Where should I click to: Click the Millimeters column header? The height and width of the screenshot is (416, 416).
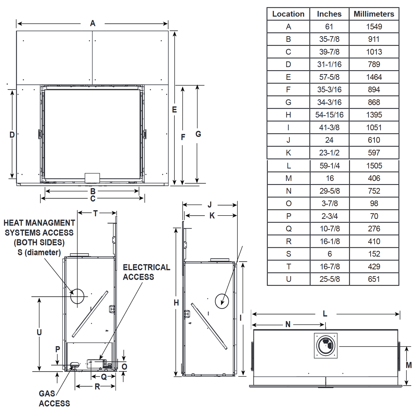click(374, 14)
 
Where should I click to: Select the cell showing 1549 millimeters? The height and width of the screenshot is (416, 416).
click(374, 27)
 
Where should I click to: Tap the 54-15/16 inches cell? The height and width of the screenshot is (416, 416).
click(329, 115)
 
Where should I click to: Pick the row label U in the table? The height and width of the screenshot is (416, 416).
click(288, 279)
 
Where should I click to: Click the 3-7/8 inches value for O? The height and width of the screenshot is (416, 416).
click(329, 203)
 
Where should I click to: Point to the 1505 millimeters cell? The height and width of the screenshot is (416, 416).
click(374, 166)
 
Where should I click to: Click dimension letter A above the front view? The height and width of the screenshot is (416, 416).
click(93, 23)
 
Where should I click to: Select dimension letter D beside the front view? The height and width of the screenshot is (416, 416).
click(12, 135)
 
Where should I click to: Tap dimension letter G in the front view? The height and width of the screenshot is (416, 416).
click(198, 134)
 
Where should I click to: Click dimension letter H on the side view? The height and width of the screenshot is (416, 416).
click(176, 303)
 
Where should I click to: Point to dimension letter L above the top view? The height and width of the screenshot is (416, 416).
click(325, 314)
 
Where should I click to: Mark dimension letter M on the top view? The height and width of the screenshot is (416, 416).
click(409, 365)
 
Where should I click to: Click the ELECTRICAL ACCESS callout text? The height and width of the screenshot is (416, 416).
click(146, 272)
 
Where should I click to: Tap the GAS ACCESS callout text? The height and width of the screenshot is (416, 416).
click(54, 399)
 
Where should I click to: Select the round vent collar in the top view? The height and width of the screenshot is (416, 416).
click(326, 346)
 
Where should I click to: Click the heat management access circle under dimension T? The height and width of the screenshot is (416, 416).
click(77, 296)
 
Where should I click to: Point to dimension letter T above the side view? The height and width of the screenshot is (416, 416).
click(95, 213)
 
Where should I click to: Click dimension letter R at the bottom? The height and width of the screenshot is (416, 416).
click(97, 387)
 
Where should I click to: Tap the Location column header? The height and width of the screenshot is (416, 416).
click(288, 14)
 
